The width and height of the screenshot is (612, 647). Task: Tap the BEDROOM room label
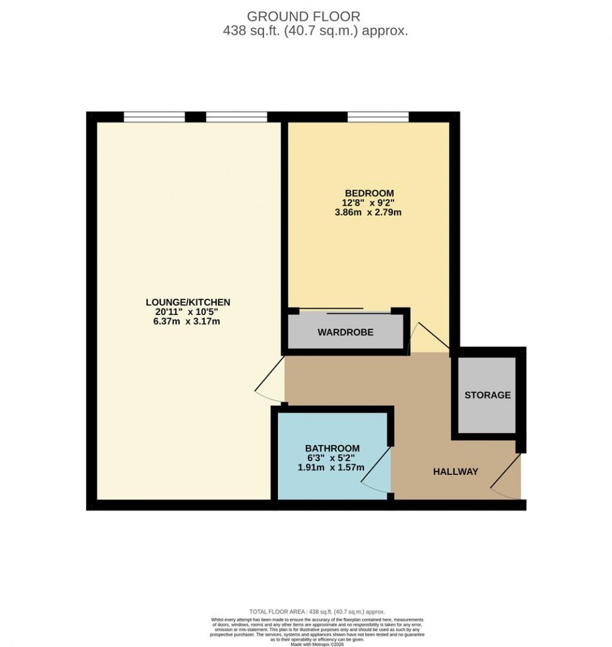pyautogui.click(x=368, y=193)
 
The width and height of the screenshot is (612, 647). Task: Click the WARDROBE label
pyautogui.click(x=345, y=333)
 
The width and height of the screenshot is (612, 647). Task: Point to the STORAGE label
pyautogui.click(x=487, y=395)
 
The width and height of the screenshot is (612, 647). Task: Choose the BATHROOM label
pyautogui.click(x=332, y=448)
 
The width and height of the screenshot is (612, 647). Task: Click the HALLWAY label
pyautogui.click(x=456, y=472)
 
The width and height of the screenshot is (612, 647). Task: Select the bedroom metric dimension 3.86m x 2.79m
pyautogui.click(x=368, y=213)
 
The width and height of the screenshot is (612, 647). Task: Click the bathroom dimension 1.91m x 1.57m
pyautogui.click(x=332, y=468)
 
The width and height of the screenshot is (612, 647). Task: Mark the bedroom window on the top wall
pyautogui.click(x=378, y=116)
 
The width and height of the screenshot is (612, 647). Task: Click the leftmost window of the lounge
pyautogui.click(x=154, y=116)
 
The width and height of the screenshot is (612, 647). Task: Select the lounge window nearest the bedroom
pyautogui.click(x=237, y=116)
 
